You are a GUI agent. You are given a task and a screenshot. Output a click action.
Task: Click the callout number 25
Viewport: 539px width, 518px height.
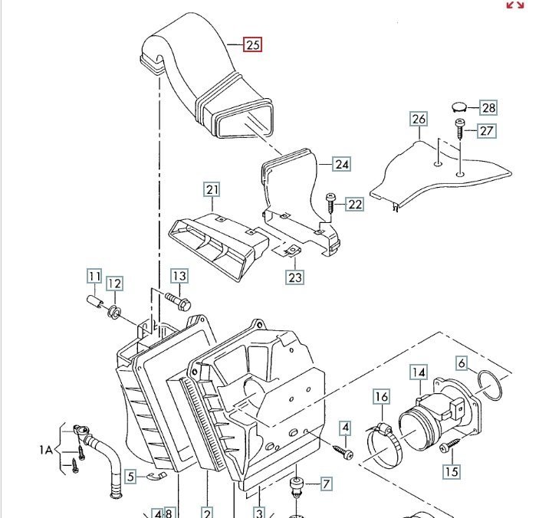[x=253, y=44]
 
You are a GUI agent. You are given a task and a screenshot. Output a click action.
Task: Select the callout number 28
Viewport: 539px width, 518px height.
[x=488, y=108]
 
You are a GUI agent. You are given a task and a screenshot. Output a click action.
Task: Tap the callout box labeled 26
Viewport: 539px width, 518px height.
[x=418, y=119]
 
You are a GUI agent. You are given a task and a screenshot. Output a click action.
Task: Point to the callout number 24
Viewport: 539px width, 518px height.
[x=341, y=163]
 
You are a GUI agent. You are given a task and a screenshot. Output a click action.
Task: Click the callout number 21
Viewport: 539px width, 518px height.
[x=212, y=189]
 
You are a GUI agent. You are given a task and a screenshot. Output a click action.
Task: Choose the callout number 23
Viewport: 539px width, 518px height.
[x=295, y=277]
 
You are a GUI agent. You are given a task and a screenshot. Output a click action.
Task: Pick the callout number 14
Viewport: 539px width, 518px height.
[x=418, y=373]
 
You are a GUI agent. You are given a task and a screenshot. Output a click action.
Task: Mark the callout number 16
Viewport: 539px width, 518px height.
[x=382, y=396]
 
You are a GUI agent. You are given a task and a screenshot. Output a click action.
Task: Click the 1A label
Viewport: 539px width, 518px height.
[x=47, y=448]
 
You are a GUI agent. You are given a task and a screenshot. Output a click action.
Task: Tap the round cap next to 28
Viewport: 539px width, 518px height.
[x=459, y=107]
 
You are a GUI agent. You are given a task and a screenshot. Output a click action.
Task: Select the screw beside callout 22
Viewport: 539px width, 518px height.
[x=330, y=202]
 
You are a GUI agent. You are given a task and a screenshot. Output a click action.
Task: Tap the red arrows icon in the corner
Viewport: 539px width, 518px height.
[x=515, y=5]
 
